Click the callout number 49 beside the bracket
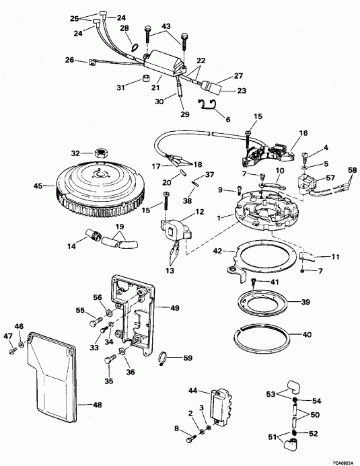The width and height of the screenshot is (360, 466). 174,309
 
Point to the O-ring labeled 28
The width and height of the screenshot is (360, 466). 135,47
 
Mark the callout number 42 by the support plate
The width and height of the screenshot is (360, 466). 217,252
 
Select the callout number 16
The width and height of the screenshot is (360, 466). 303,134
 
